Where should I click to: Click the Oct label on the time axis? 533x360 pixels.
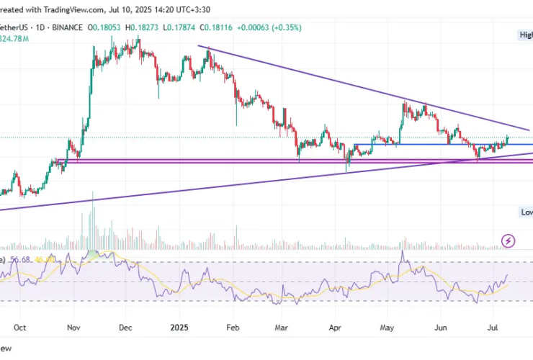[x=19, y=326]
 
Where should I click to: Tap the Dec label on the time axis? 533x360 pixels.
[x=126, y=326]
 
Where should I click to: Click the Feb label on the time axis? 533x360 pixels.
[x=233, y=326]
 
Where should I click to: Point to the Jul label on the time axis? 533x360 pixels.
[x=492, y=326]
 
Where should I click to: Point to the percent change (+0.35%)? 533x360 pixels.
[x=284, y=27]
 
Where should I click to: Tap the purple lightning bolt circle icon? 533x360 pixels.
[x=509, y=240]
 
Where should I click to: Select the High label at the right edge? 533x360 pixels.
[x=526, y=35]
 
